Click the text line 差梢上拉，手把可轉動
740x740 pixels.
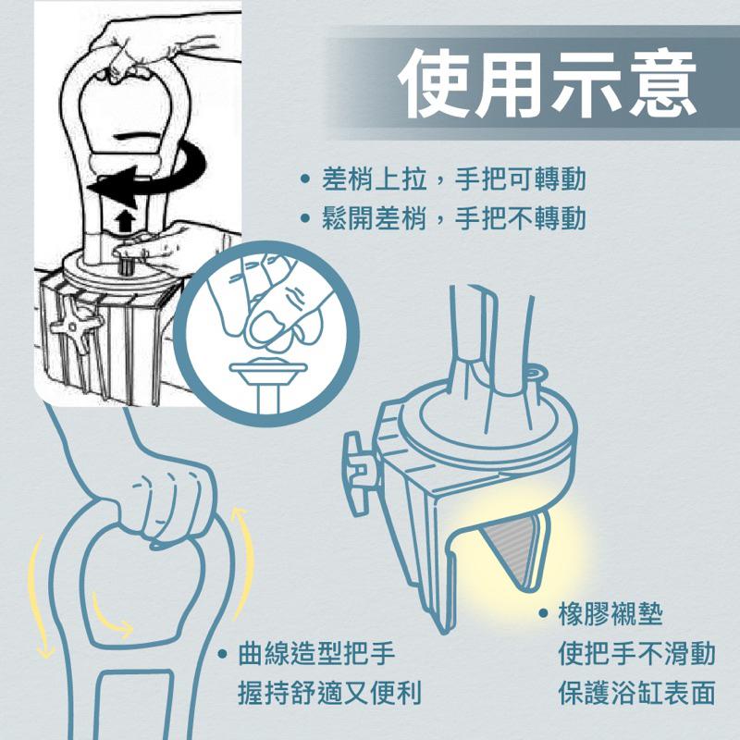point(453,178)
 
